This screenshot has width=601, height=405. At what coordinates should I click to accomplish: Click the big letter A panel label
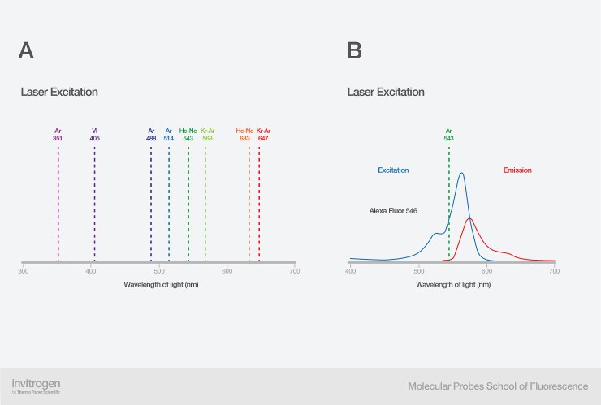(26, 51)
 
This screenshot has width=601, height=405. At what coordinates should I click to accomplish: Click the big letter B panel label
(354, 51)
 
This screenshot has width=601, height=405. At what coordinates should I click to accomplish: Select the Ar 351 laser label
(58, 135)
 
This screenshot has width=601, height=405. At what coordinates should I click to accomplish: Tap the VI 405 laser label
(95, 135)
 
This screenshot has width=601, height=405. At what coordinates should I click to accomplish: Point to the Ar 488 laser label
(151, 135)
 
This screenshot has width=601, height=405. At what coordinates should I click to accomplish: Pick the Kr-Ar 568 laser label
(207, 135)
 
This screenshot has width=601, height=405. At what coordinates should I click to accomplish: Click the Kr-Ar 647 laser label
(263, 135)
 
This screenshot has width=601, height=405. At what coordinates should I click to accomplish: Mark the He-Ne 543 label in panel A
(188, 135)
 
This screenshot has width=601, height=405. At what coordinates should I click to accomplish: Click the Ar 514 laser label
(169, 135)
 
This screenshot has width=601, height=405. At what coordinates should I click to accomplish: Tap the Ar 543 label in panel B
(448, 135)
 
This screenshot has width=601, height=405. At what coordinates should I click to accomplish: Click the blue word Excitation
(393, 170)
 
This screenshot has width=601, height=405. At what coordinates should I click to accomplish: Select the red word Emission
(517, 170)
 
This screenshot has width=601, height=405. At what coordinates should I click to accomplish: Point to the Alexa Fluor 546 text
(392, 210)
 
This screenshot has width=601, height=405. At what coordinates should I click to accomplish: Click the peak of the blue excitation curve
(461, 173)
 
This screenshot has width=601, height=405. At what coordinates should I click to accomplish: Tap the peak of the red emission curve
(469, 218)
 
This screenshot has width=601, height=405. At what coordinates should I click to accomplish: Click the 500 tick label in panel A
(159, 270)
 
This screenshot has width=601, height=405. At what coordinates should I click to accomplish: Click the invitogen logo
(36, 385)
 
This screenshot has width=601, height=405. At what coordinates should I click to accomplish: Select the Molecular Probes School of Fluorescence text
(498, 386)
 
